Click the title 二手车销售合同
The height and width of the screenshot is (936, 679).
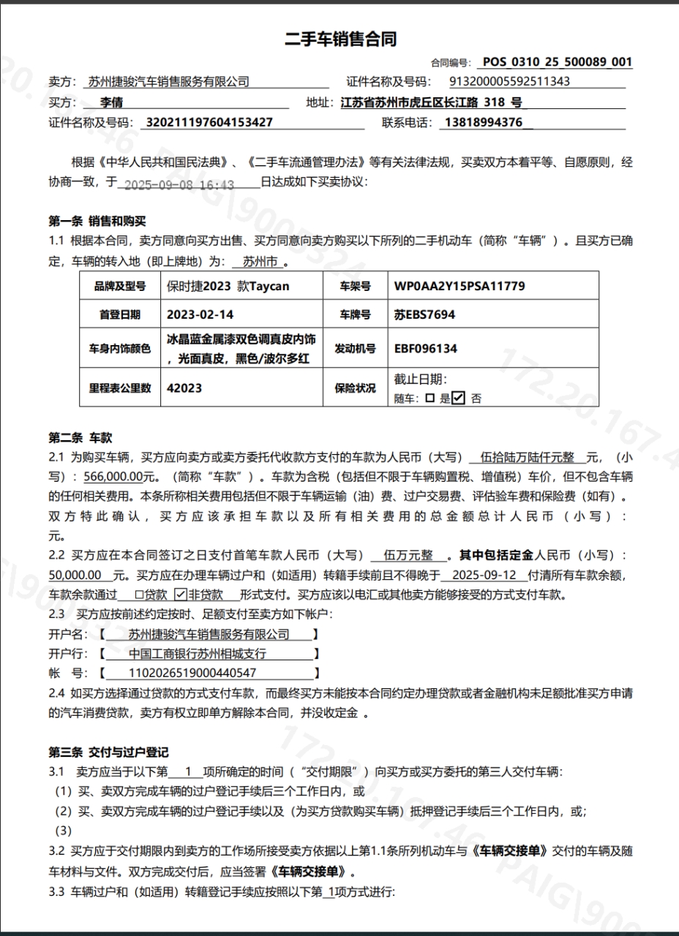click(x=340, y=39)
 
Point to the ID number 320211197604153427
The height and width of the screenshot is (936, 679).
click(x=209, y=122)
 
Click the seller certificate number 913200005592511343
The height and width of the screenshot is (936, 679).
click(x=509, y=82)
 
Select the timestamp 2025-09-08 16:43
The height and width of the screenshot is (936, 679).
click(x=179, y=185)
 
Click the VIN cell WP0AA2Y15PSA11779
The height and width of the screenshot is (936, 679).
click(x=459, y=286)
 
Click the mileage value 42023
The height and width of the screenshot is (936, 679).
click(x=184, y=388)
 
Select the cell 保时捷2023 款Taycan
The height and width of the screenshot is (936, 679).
click(x=228, y=286)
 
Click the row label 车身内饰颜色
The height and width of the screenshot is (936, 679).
click(x=119, y=349)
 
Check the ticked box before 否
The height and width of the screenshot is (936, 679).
click(x=458, y=399)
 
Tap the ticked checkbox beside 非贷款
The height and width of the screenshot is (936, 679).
click(x=180, y=595)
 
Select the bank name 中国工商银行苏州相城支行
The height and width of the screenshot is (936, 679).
click(x=198, y=654)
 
